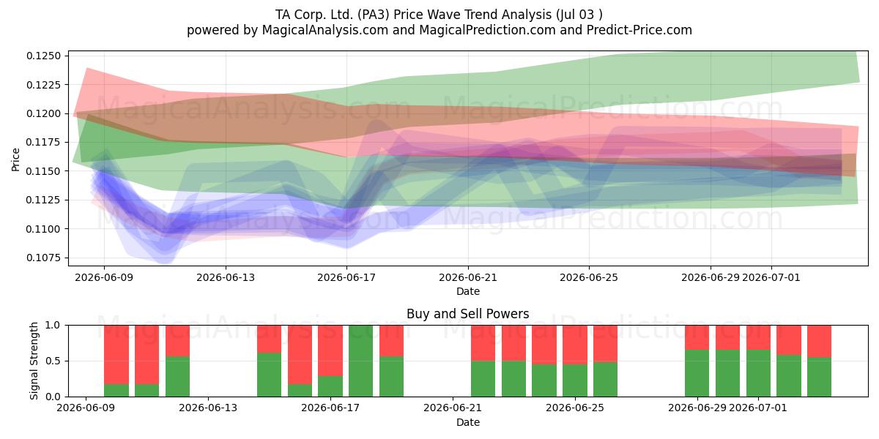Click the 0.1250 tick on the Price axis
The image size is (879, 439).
pos(44,56)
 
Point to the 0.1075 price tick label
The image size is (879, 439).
pos(44,258)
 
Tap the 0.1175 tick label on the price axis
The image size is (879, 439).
pos(44,142)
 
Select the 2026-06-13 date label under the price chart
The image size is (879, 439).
pos(226,277)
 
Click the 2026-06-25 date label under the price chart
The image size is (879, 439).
pos(589,277)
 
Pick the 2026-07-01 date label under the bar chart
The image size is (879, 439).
pos(758,408)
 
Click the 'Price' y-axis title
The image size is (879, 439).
pos(15,160)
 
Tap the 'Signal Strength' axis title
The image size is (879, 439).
pos(34,361)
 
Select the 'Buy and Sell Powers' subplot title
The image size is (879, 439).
pos(468,314)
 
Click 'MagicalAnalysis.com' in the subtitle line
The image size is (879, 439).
pos(325,30)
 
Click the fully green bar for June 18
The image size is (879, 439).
pos(360,361)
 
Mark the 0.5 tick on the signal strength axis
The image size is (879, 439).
pos(53,361)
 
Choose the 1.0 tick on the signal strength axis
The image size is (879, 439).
pos(53,325)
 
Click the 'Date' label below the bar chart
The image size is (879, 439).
pos(468,422)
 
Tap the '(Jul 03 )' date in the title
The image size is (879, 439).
pos(579,15)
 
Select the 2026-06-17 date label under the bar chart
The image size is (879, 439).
pos(330,408)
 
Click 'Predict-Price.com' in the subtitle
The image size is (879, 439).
pos(639,30)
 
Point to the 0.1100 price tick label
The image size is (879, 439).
pos(44,229)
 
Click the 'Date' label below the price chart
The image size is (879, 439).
pos(468,291)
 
